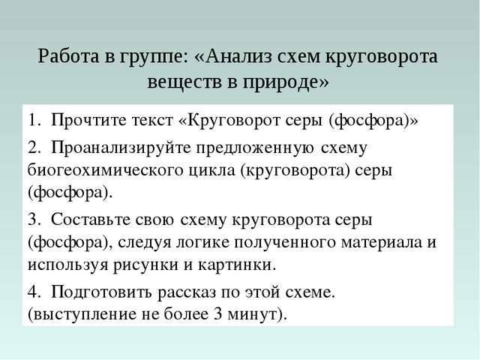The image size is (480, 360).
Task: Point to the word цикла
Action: [209, 169]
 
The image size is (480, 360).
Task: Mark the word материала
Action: [367, 243]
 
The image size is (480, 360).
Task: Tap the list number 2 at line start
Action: [33, 146]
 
